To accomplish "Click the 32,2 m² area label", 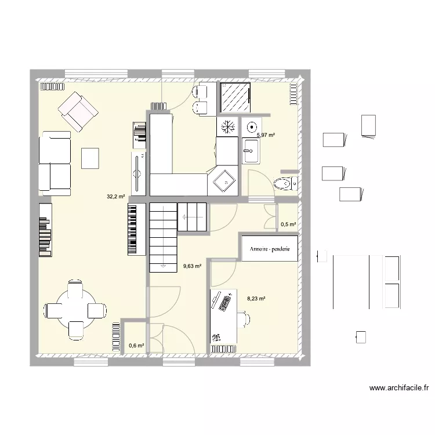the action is click(115, 197).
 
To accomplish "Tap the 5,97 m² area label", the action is click(266, 135).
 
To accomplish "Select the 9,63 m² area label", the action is click(192, 266).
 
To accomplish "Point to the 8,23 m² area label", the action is click(256, 299).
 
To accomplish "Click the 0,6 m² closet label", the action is click(136, 346).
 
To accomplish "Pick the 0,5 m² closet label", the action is click(288, 224).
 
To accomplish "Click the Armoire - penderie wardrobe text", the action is click(270, 249).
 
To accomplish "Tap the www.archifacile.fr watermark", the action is click(399, 388).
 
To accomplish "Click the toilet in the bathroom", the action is click(286, 183).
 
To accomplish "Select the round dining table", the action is click(76, 309).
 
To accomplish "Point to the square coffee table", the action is click(90, 158).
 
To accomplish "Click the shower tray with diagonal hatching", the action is click(235, 97).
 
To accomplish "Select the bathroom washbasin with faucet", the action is click(251, 151).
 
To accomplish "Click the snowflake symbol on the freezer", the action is click(227, 127).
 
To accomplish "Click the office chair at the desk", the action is click(244, 319).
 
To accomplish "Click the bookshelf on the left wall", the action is click(45, 230).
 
